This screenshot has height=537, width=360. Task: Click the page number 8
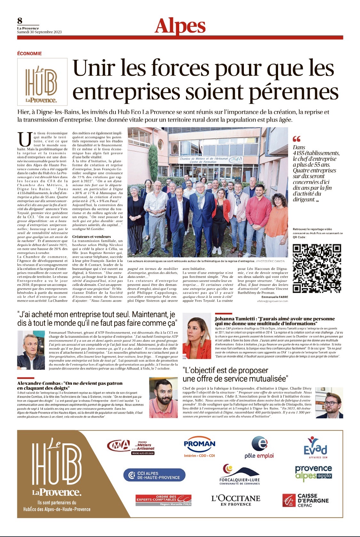coord(20,21)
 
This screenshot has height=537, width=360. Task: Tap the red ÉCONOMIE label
coord(29,53)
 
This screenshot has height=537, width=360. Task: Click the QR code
coord(317,268)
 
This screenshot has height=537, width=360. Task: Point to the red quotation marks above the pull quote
coord(297,139)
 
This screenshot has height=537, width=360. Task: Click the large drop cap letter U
coord(25,139)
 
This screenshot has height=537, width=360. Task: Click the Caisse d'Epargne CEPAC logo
coord(305,500)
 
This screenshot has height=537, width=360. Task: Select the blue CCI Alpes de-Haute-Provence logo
coord(154,475)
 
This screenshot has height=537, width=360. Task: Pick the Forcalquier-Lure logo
coord(239,474)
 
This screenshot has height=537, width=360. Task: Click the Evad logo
coord(315,447)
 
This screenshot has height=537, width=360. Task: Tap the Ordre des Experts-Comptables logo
coord(164,500)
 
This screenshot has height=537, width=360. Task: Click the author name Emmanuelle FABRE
coord(275,297)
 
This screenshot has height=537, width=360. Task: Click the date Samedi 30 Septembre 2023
coord(39,32)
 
